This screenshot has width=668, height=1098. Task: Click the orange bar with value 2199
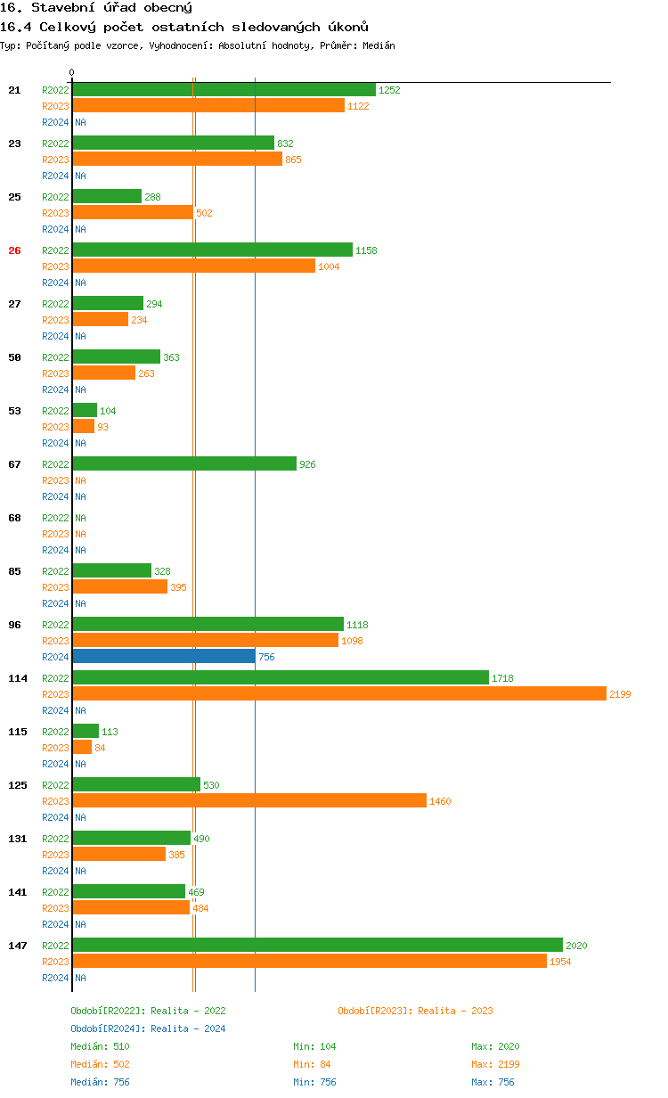338,693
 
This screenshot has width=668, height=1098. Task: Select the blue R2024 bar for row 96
164,656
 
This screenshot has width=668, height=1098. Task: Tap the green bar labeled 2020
317,945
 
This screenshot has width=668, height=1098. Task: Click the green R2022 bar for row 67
184,463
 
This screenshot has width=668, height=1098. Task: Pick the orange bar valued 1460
249,800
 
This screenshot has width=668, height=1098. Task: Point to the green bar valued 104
85,410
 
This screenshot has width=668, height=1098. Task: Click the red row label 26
14,250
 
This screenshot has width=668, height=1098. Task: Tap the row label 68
14,518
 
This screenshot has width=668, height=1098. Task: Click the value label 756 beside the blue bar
266,657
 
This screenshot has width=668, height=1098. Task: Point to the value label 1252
389,90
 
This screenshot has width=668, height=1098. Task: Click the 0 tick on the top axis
72,72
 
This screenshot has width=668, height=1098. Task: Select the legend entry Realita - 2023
415,1011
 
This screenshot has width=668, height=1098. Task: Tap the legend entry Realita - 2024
148,1028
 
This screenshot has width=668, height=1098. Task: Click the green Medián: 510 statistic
100,1046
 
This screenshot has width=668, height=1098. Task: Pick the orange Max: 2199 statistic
495,1064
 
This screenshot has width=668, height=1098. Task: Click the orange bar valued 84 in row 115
82,747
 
